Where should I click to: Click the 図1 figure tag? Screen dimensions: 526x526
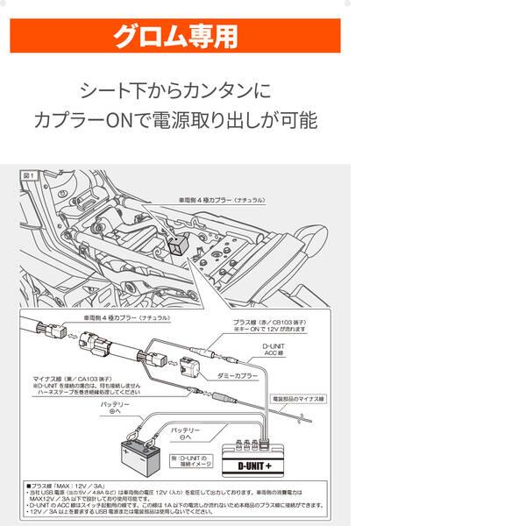coord(29,176)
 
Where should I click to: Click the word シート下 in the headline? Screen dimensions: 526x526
coord(113,89)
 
